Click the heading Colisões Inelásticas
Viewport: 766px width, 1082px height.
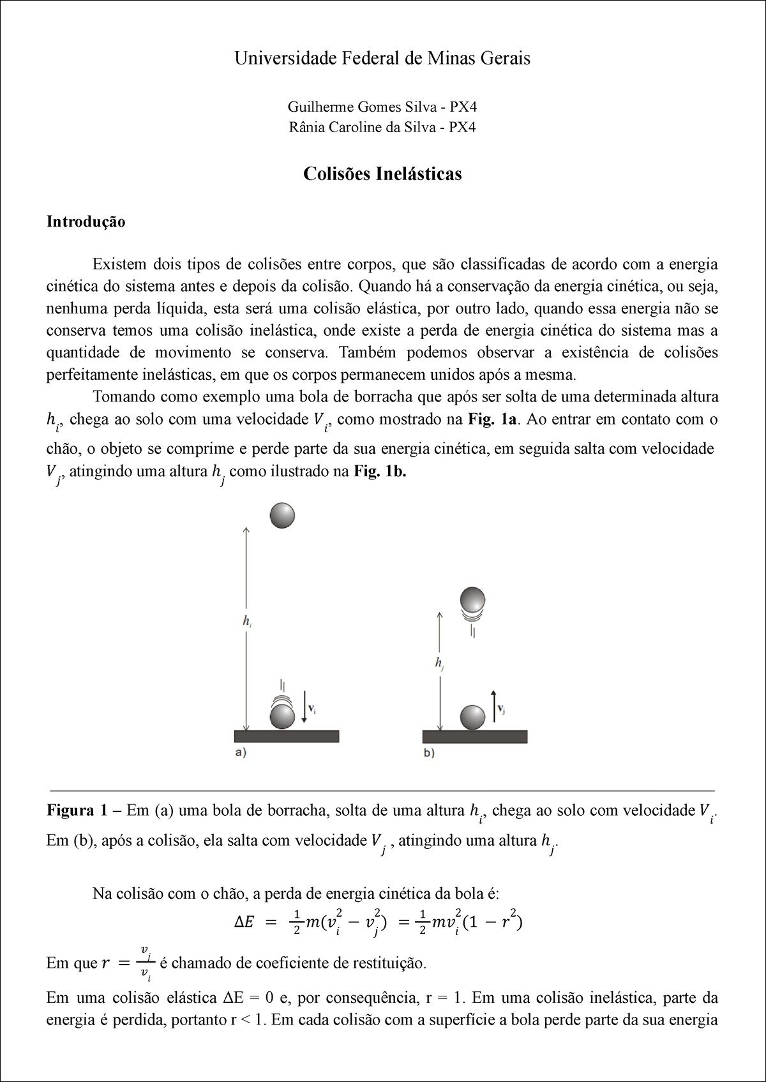point(382,174)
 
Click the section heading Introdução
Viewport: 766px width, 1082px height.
point(86,222)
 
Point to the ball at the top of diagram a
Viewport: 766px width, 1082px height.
point(282,516)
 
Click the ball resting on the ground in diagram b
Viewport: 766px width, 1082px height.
point(473,718)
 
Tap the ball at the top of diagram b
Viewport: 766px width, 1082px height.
point(473,600)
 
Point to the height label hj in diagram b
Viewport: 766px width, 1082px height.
point(439,664)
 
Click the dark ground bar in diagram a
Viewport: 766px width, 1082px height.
point(287,736)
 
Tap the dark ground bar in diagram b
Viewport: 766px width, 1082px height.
point(475,736)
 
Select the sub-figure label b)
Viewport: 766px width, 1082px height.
point(429,753)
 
